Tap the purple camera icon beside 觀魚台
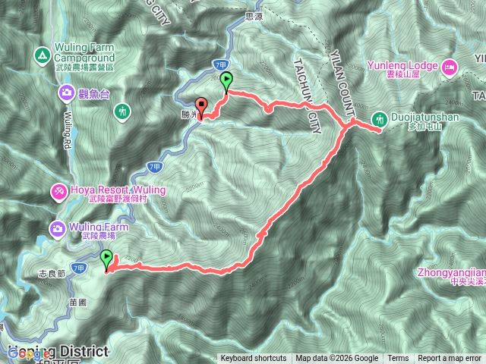[x=66, y=93]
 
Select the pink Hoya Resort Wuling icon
[x=58, y=193]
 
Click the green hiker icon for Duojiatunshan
[x=378, y=119]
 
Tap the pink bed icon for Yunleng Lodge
[x=449, y=67]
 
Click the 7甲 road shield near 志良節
[x=78, y=268]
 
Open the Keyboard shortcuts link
[x=254, y=359]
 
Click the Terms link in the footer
[x=398, y=359]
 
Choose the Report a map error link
[x=450, y=359]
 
